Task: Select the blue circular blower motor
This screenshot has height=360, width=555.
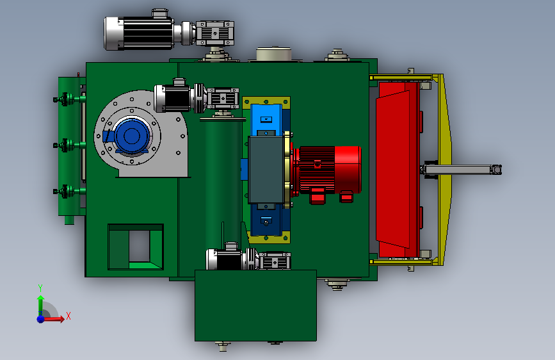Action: point(132,136)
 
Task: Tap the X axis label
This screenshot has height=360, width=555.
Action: point(68,316)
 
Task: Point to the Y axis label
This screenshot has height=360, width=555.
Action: point(40,288)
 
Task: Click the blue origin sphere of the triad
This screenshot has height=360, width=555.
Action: point(41,319)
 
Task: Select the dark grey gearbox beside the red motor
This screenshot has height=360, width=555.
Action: point(266,170)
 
